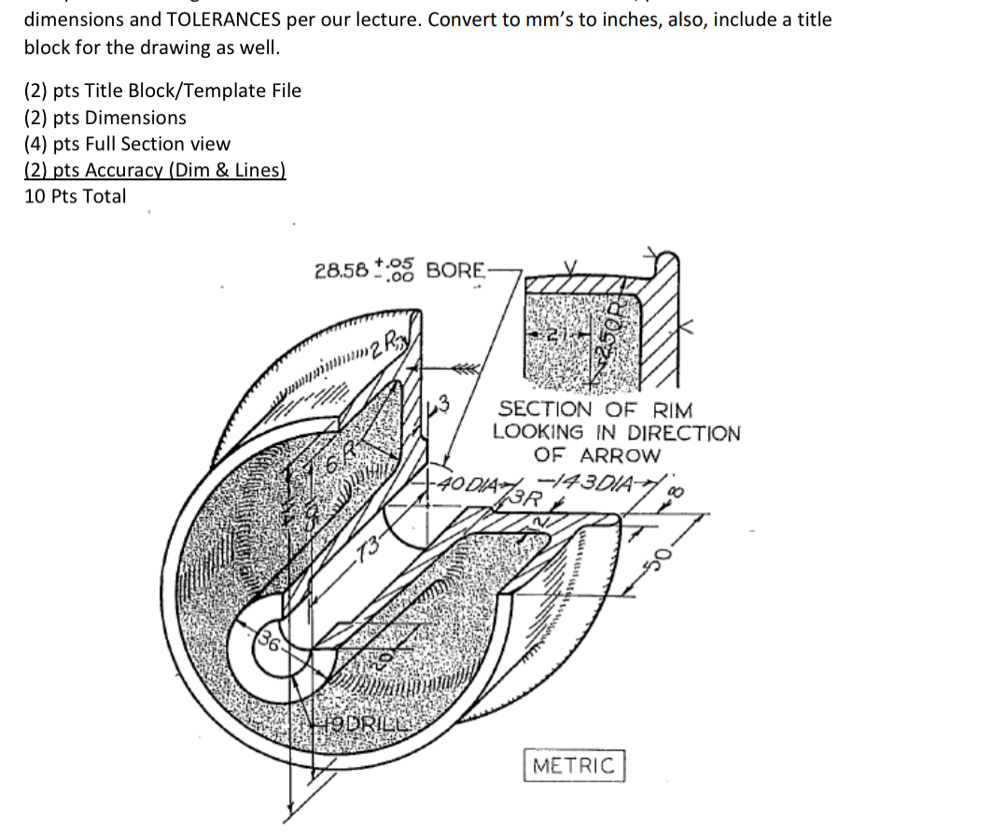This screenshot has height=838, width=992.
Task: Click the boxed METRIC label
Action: tap(574, 766)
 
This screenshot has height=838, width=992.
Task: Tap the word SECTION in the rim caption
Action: tap(545, 409)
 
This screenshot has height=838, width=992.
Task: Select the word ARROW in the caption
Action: tap(620, 455)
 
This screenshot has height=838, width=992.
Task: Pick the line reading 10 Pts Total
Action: tap(75, 196)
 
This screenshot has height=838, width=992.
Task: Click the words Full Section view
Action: tap(175, 144)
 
